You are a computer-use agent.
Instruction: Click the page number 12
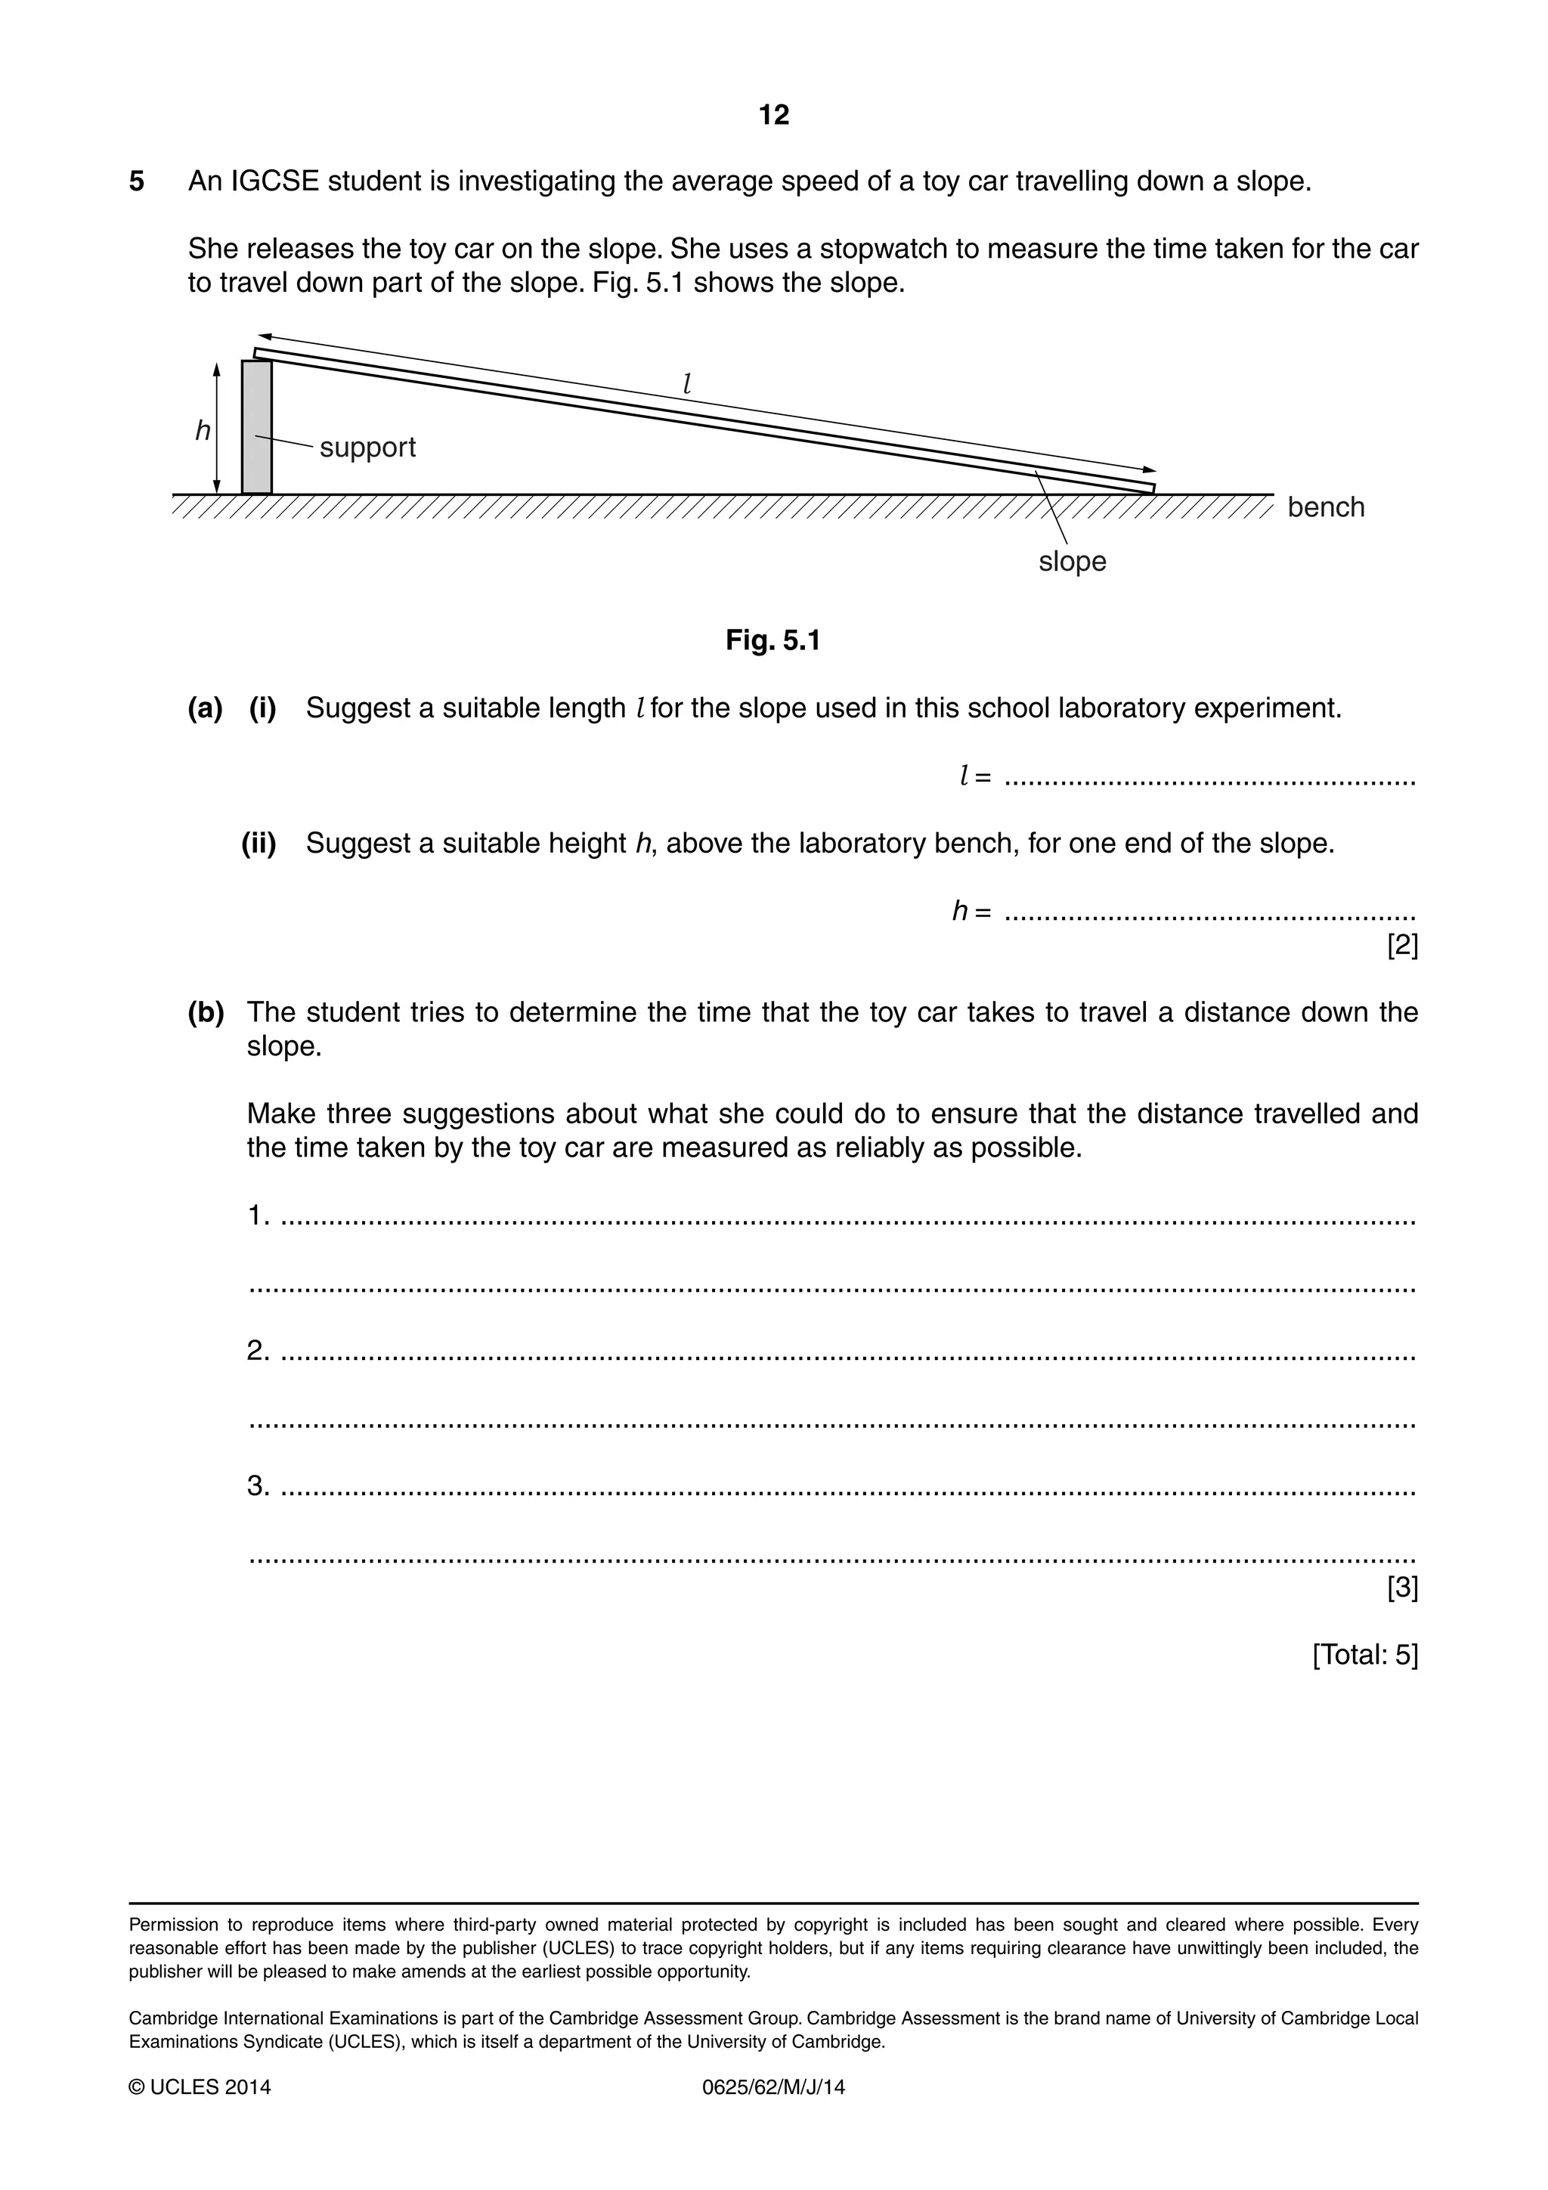click(773, 116)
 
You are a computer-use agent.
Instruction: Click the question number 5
click(138, 181)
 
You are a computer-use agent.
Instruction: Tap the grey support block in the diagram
click(256, 426)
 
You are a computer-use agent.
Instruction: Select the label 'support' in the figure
click(367, 448)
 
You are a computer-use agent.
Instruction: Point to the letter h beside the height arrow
click(203, 431)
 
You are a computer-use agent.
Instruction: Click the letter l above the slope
click(687, 383)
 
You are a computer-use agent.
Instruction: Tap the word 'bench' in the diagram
click(1326, 506)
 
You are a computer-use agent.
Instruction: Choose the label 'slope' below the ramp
click(1072, 561)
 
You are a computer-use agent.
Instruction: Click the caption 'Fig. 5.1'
click(772, 640)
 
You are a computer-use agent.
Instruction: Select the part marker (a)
click(205, 708)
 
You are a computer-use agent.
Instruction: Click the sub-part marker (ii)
click(259, 843)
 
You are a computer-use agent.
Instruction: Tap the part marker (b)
click(206, 1012)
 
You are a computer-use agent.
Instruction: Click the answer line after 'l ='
click(1209, 782)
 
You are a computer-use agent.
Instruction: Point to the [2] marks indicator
click(1402, 946)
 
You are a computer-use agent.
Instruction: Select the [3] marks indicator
click(1402, 1588)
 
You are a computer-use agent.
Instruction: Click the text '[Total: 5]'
click(1365, 1655)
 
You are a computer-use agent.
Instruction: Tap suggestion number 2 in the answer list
click(258, 1351)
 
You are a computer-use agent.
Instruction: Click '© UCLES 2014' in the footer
click(200, 2087)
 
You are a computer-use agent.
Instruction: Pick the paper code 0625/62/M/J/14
click(773, 2087)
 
